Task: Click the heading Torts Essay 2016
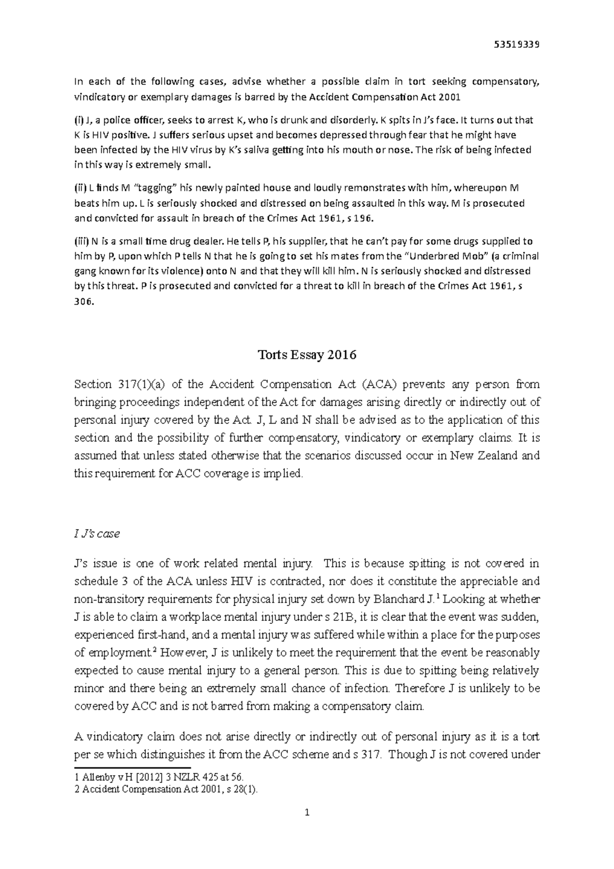[x=307, y=355]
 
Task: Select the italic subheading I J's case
[x=97, y=534]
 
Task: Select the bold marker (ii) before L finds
[x=80, y=188]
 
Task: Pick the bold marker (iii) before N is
[x=82, y=241]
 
